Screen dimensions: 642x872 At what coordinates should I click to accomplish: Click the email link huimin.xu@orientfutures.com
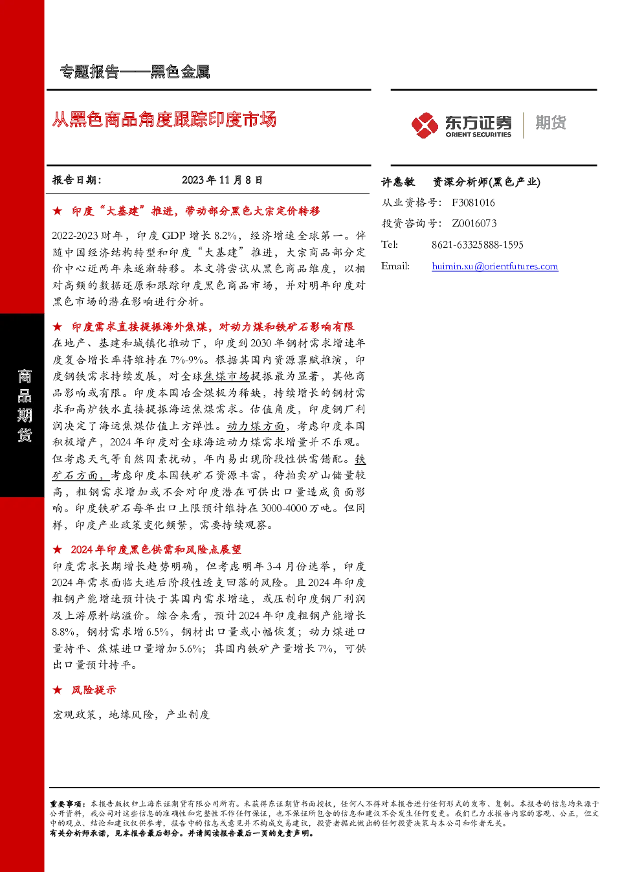495,266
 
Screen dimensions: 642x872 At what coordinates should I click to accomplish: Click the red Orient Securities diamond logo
425,125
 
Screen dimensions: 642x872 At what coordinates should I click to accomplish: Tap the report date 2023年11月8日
222,180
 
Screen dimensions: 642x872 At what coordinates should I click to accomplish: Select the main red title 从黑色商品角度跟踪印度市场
164,119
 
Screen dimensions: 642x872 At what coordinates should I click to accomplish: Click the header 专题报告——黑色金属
135,72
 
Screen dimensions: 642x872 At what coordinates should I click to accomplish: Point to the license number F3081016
473,203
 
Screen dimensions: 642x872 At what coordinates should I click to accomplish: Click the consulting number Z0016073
474,223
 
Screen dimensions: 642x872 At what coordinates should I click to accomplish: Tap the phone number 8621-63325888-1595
478,245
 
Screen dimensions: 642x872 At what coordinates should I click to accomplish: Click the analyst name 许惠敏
398,182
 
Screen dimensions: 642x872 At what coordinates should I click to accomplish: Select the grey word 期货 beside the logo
551,122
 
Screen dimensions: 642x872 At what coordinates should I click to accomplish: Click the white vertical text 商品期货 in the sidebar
24,406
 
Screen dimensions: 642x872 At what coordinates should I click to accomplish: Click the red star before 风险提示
58,690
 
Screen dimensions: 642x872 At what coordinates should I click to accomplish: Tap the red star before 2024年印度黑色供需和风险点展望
58,549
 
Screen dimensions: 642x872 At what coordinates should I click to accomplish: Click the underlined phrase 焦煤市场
227,375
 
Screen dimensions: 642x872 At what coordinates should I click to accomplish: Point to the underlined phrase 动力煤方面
256,426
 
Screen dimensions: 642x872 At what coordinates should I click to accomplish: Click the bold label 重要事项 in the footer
65,804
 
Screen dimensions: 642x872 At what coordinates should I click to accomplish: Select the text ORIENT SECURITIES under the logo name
478,134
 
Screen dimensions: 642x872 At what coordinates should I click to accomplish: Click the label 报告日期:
76,180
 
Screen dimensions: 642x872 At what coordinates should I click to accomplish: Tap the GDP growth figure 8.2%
225,236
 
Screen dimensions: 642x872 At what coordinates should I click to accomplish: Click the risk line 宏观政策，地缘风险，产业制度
131,714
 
